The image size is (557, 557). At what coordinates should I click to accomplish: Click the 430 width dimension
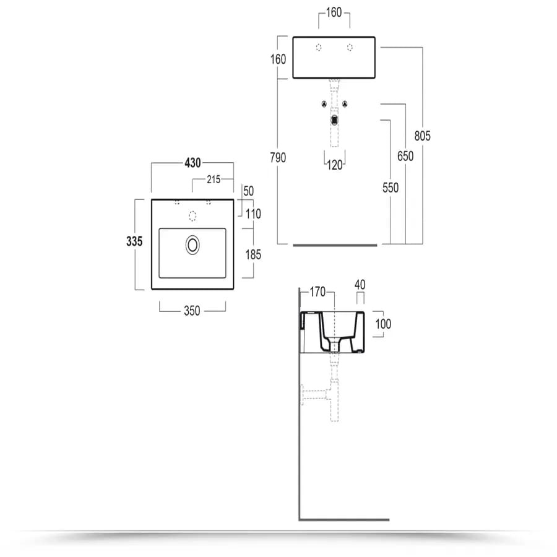point(192,163)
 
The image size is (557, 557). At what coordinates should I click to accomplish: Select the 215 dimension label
point(214,179)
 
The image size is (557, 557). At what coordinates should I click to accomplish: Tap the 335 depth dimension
point(134,241)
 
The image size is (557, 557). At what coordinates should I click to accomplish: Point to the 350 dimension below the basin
point(192,311)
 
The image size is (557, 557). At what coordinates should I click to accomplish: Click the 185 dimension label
point(253,254)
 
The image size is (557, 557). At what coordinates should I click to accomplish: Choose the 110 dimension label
point(253,214)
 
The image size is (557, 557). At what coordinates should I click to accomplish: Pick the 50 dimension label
point(249,191)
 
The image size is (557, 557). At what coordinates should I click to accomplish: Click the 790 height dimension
point(278,157)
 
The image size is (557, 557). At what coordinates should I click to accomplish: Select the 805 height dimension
point(422,136)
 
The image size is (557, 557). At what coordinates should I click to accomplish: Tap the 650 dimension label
point(405,156)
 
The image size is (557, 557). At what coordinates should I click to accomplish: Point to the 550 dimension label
point(391,188)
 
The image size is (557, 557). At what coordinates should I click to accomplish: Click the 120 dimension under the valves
point(335,165)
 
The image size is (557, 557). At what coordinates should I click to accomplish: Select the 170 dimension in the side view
point(317,292)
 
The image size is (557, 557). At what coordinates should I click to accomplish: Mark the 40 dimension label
point(360,285)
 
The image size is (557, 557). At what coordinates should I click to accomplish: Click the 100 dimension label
point(383,324)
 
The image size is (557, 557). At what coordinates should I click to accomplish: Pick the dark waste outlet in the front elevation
point(334,121)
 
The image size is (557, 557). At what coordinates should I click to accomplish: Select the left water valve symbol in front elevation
point(324,104)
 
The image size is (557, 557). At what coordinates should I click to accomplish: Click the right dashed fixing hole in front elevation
point(350,47)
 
